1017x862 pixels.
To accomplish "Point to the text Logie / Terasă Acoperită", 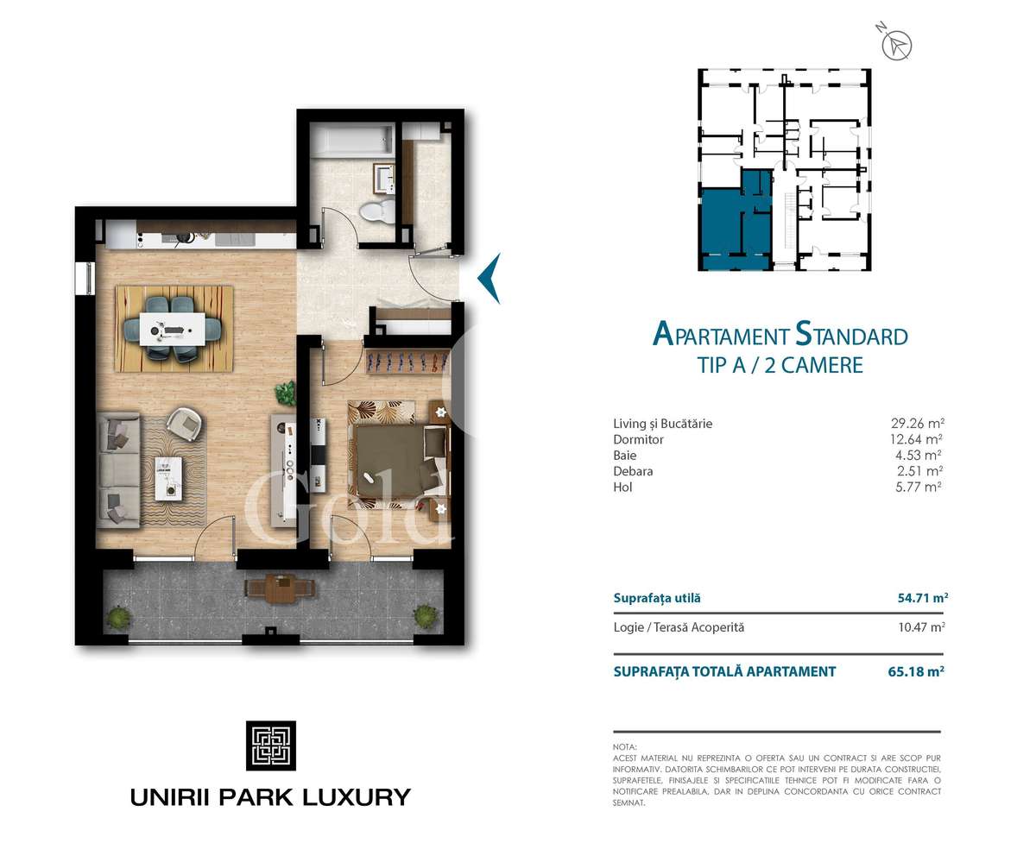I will pos(678,627).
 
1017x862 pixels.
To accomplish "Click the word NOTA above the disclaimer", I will pos(624,746).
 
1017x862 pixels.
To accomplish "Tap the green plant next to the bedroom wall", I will pos(286,393).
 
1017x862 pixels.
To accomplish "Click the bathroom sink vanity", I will pos(384,178).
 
